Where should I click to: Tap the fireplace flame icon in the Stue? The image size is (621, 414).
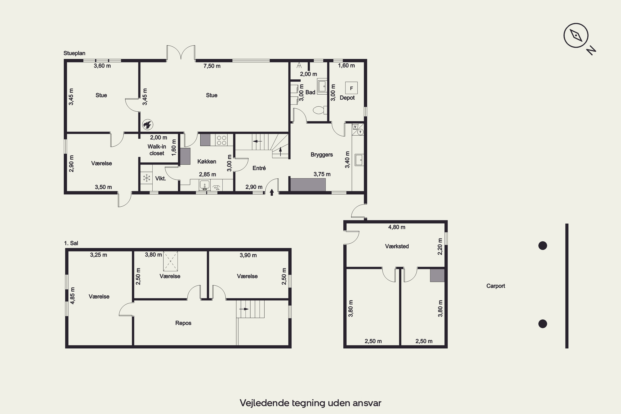148,125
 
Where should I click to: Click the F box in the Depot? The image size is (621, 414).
351,88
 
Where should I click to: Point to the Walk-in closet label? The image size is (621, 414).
157,150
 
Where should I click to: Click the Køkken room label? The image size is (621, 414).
207,161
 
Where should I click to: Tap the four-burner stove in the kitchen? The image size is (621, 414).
221,140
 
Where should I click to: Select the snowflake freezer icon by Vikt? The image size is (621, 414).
147,178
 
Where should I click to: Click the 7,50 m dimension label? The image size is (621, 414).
212,66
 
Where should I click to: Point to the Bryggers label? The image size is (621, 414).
322,155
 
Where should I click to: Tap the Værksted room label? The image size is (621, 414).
397,246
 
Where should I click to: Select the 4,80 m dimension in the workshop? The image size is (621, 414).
397,227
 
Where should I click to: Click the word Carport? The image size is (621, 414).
496,286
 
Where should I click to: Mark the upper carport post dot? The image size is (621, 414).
543,246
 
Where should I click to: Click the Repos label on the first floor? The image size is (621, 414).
183,323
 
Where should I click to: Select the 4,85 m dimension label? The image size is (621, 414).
72,296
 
